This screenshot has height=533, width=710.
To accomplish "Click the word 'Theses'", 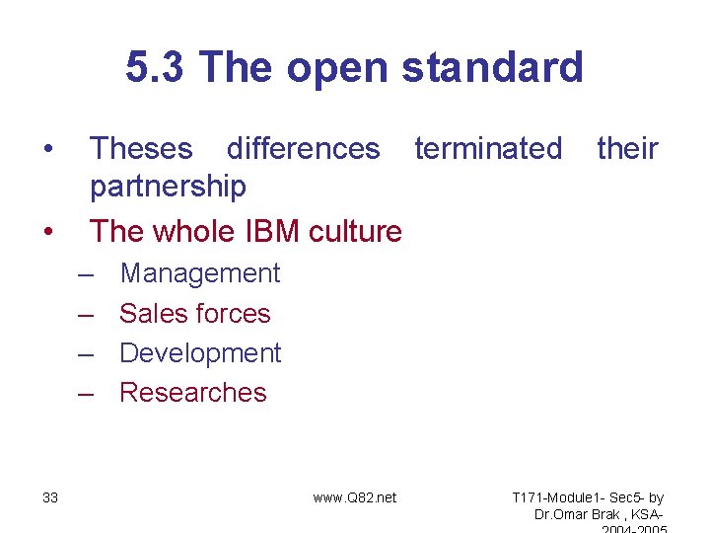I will coord(141,149).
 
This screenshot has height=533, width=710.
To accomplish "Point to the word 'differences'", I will coord(303,149).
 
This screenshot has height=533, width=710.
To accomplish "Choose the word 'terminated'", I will coord(488,149).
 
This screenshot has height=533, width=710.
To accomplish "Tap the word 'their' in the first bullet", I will coord(627,149).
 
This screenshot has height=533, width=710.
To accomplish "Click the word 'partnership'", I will coord(168,186).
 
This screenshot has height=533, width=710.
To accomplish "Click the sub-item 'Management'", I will coord(199,273).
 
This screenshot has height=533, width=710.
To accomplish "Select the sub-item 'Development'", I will coord(200,353).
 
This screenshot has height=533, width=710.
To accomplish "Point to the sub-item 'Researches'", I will coord(192,393).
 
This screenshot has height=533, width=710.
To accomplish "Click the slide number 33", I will coord(50,497).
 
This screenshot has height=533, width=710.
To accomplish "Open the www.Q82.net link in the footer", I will coord(354,497).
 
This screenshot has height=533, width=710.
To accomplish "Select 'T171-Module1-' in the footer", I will coord(557,497).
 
